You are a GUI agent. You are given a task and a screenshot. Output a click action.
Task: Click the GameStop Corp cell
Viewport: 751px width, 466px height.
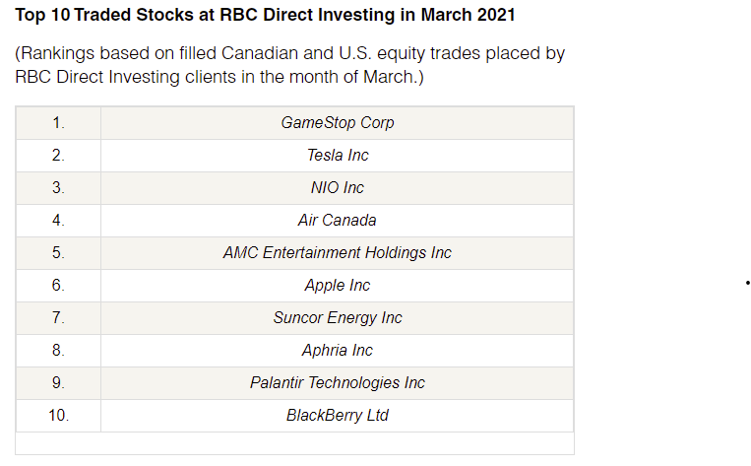click(x=338, y=123)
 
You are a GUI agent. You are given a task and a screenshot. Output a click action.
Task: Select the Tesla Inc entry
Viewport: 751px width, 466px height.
click(x=338, y=156)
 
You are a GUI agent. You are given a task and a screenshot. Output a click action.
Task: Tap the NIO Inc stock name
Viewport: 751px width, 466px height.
click(x=338, y=187)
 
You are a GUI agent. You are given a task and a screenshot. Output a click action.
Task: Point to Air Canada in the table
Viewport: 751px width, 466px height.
click(x=338, y=220)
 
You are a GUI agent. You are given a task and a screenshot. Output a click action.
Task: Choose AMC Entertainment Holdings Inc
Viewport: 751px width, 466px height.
click(x=338, y=252)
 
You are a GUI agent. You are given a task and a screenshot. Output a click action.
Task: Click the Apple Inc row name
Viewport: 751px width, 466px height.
click(x=338, y=286)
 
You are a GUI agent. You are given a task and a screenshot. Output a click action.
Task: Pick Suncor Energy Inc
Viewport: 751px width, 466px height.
click(x=338, y=318)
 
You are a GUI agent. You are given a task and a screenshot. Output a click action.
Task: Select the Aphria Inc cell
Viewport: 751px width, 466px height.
click(x=338, y=351)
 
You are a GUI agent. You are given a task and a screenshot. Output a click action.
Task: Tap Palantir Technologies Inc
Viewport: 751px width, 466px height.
click(x=338, y=382)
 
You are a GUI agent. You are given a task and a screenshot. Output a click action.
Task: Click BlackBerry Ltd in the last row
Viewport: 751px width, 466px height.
click(x=338, y=415)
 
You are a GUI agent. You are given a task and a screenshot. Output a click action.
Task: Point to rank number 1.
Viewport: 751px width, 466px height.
click(x=58, y=123)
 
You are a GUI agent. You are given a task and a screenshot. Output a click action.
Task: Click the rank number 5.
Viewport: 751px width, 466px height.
click(x=58, y=252)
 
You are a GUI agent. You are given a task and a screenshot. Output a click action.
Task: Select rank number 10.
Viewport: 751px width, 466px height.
click(x=58, y=415)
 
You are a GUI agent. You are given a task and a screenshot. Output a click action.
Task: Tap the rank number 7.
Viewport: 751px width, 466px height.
click(x=58, y=318)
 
